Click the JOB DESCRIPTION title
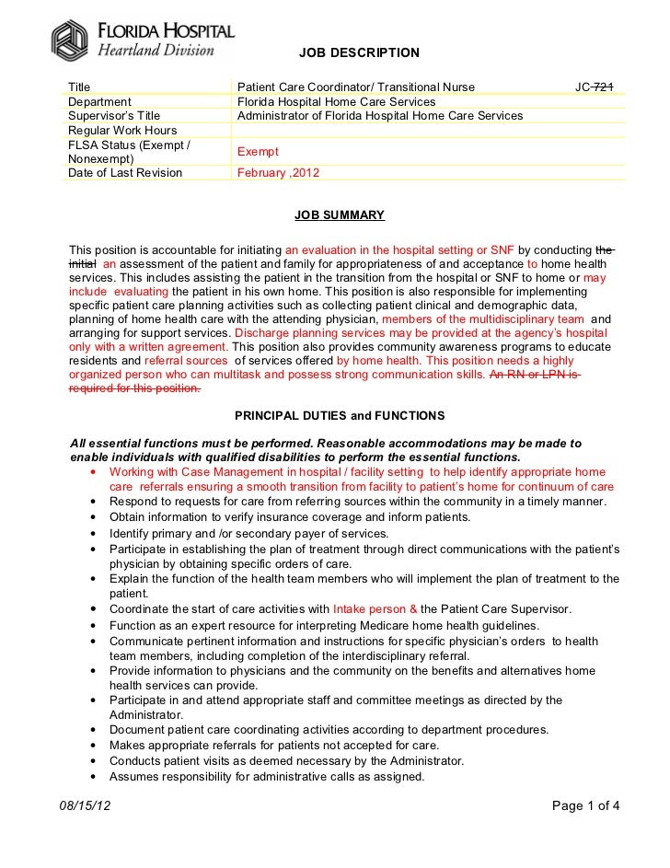click(x=359, y=52)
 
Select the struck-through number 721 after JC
click(x=604, y=87)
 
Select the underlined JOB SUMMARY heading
click(x=339, y=214)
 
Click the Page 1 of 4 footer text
click(x=586, y=807)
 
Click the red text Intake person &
click(x=375, y=609)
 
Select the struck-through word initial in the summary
click(x=84, y=263)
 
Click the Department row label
click(x=100, y=101)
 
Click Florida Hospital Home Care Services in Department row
click(x=336, y=101)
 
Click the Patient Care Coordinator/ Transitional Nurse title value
click(x=356, y=87)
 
